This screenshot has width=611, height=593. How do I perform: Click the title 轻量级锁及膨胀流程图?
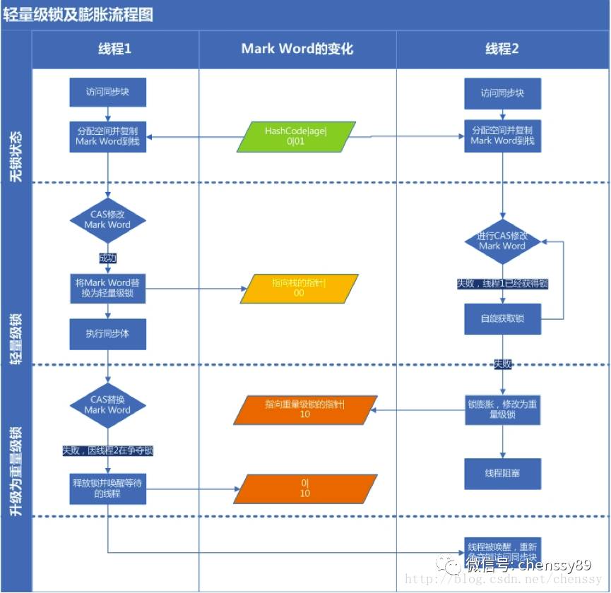(x=78, y=15)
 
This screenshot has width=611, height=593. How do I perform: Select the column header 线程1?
(x=114, y=49)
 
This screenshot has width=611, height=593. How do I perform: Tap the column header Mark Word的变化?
(x=297, y=49)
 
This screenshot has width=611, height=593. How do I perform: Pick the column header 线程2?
(x=502, y=49)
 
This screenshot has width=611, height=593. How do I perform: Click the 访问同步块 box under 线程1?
(x=107, y=92)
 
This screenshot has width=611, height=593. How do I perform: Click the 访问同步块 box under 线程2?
(x=502, y=93)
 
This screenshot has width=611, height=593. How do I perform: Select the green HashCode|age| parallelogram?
(x=296, y=136)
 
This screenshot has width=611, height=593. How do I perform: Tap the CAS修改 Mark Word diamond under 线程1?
(x=107, y=220)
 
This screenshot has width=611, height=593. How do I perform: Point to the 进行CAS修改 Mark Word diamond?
(x=502, y=241)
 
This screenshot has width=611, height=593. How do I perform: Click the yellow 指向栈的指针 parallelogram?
(x=299, y=288)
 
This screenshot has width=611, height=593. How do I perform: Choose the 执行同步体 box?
(x=107, y=334)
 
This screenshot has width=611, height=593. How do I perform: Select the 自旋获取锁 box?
(x=502, y=319)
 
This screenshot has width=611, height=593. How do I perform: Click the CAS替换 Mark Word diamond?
(x=107, y=405)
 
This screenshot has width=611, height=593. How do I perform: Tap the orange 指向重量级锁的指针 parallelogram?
(x=304, y=409)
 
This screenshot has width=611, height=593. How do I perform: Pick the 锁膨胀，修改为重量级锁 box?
(x=502, y=410)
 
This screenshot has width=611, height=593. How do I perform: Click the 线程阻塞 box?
(x=502, y=474)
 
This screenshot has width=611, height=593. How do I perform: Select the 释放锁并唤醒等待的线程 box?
(x=107, y=488)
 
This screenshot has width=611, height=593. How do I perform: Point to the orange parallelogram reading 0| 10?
(x=304, y=489)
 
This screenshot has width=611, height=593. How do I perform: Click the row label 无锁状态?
(x=16, y=155)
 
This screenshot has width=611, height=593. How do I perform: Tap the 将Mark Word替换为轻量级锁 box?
(x=107, y=288)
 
